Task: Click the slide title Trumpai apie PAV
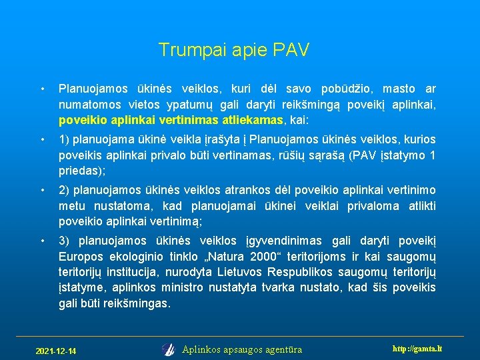click(234, 50)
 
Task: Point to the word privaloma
click(373, 206)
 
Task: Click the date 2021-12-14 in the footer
click(55, 351)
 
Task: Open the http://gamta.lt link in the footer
click(417, 349)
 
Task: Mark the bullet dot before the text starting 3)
click(42, 241)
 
